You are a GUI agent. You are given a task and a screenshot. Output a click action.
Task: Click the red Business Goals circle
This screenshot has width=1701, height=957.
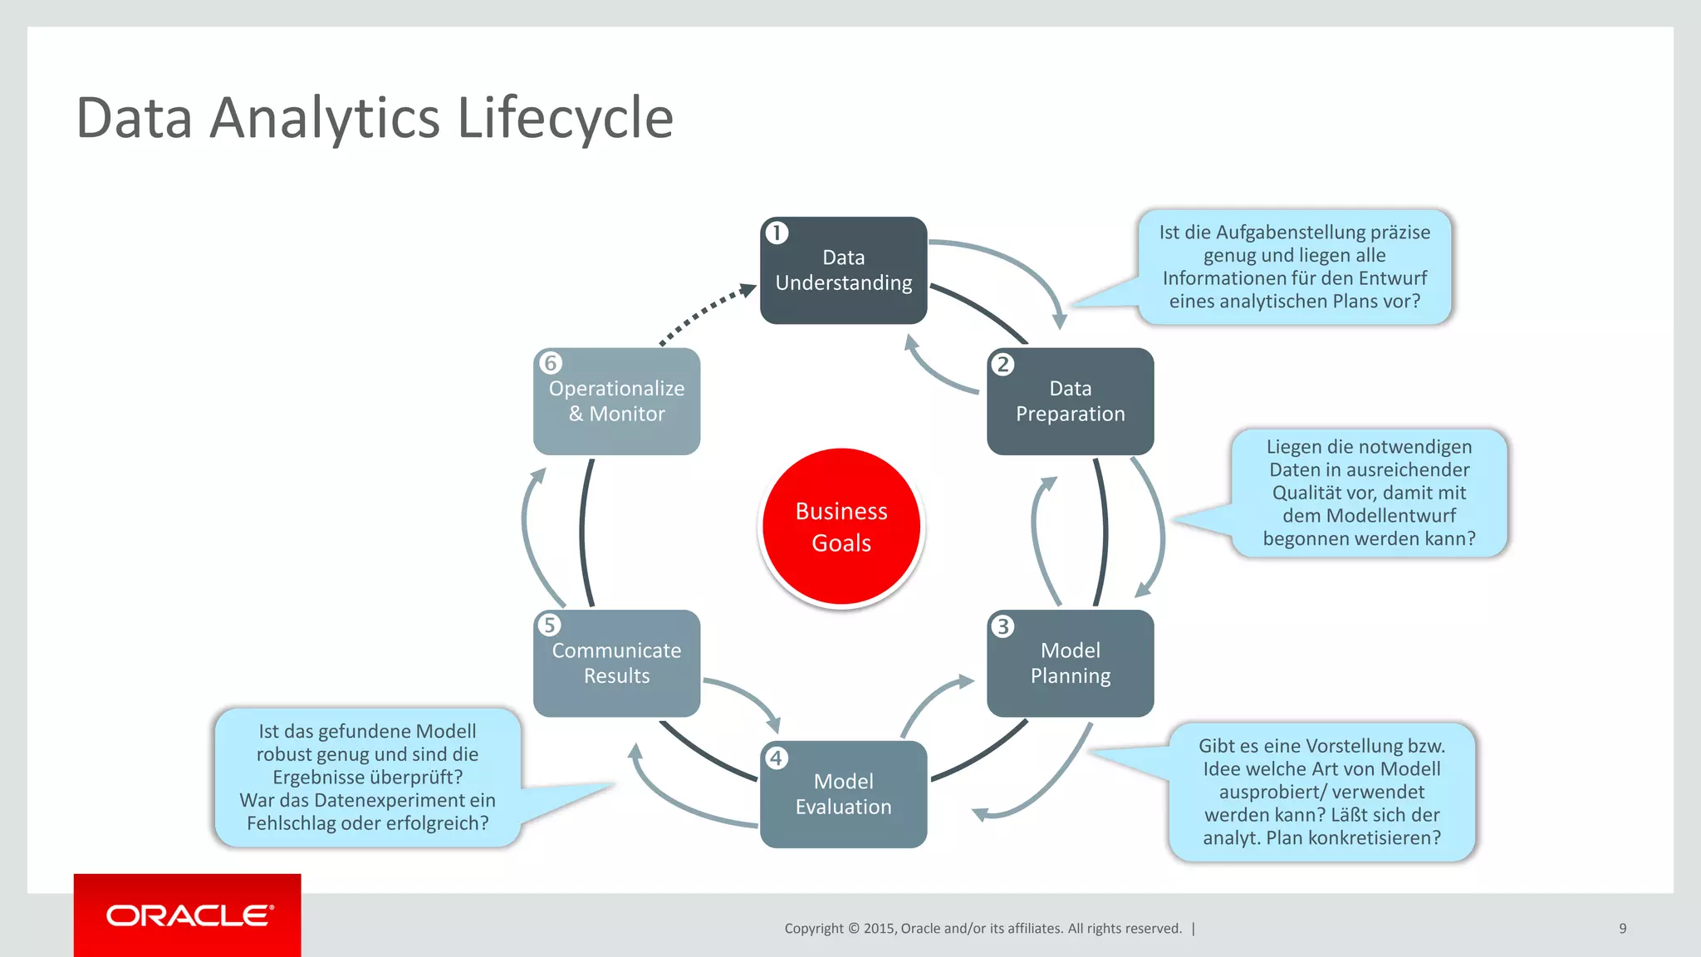(841, 527)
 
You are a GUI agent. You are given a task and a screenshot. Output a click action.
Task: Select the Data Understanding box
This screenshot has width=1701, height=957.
(843, 271)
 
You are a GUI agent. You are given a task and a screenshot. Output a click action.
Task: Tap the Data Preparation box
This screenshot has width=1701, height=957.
(1070, 401)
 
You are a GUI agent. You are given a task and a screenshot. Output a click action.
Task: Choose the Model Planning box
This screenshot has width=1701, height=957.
(1070, 663)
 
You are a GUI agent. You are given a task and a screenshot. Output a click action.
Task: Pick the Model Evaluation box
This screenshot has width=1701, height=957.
(843, 794)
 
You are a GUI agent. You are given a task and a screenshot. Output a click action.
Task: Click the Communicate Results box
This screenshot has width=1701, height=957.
(616, 663)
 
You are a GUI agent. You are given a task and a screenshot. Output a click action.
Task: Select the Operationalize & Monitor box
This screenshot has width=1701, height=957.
(616, 401)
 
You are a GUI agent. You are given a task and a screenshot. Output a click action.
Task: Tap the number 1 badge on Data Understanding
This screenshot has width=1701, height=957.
(777, 233)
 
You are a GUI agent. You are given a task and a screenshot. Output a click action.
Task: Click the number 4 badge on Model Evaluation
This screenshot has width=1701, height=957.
(776, 758)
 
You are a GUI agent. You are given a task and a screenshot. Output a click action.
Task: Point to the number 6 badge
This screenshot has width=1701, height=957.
(550, 363)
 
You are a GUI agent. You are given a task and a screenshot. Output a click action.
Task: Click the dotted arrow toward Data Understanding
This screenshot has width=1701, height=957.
(706, 313)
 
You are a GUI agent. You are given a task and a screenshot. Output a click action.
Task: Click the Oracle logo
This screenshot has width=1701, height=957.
(188, 915)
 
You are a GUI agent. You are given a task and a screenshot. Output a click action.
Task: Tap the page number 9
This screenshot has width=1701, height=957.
(1622, 928)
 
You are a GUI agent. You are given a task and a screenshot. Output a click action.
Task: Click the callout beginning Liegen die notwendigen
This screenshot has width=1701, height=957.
(1369, 493)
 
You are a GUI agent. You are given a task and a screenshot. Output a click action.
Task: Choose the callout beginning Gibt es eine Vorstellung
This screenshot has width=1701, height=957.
(1321, 792)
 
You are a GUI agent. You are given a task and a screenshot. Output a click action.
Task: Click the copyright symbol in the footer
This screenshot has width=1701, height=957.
(852, 929)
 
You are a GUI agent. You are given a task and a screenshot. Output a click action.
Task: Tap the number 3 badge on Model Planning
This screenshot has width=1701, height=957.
(1002, 626)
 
